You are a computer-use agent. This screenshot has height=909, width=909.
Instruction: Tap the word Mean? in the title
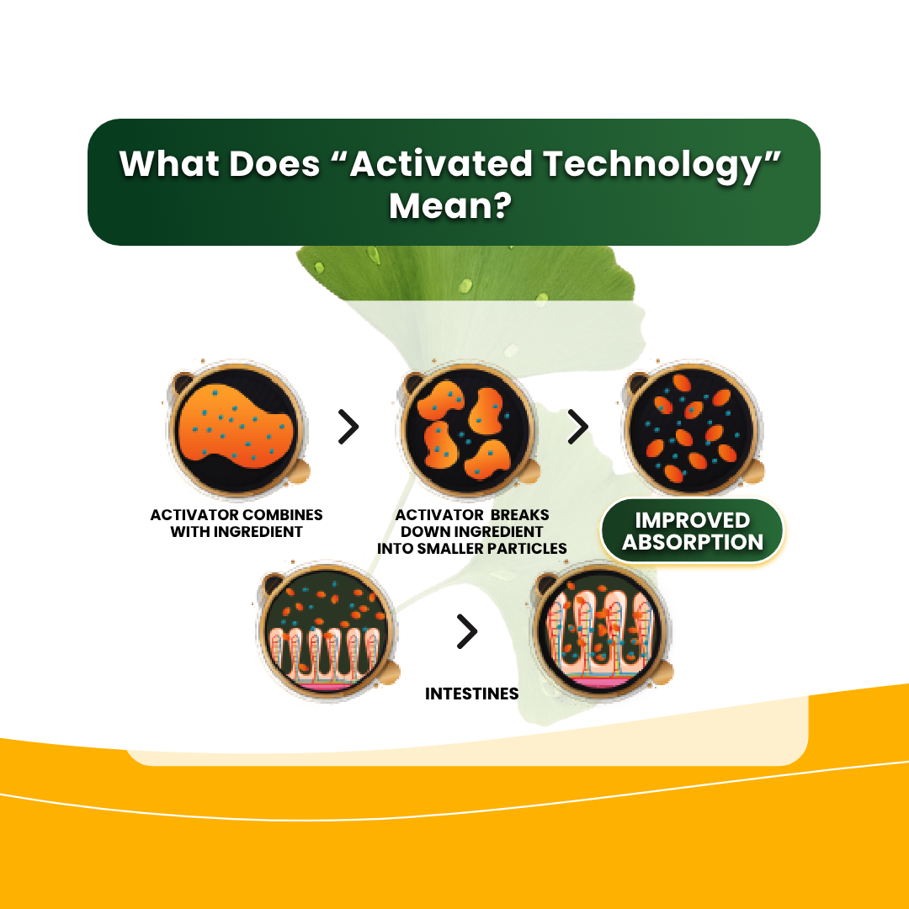[x=450, y=205]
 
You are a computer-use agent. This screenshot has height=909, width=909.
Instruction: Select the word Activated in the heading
[x=441, y=163]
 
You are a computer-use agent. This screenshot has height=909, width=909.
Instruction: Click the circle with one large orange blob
[x=237, y=429]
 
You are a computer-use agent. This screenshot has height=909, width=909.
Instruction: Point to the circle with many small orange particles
[x=692, y=429]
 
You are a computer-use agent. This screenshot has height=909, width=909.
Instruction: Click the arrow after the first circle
[x=348, y=428]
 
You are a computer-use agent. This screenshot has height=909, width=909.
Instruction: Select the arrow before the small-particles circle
[x=578, y=428]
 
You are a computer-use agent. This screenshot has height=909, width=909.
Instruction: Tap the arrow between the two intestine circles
[x=466, y=630]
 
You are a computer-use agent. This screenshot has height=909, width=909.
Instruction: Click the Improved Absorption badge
[x=692, y=531]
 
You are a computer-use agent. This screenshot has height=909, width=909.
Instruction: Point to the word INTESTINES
[x=472, y=694]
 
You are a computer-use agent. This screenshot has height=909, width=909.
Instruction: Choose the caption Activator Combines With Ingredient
[x=237, y=524]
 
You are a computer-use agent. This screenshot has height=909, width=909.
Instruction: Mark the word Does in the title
[x=274, y=163]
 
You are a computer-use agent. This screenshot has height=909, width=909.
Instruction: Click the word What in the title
[x=169, y=163]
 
